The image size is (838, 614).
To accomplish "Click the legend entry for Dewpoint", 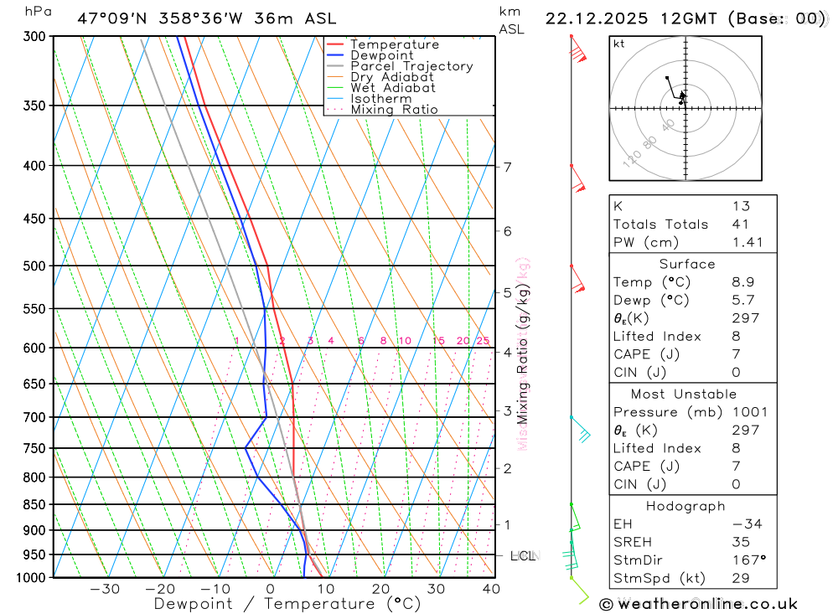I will (x=381, y=55).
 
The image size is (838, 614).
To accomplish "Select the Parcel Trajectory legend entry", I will (x=411, y=66).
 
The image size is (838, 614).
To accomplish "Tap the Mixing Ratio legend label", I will (x=394, y=110).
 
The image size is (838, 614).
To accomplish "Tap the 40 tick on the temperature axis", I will (x=491, y=589).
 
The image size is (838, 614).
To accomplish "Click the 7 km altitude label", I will (x=508, y=167).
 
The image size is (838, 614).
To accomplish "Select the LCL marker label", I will (x=522, y=555).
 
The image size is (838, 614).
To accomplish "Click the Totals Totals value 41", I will (x=739, y=224).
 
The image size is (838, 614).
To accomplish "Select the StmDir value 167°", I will (x=745, y=560).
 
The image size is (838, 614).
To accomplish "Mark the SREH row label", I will (x=634, y=542).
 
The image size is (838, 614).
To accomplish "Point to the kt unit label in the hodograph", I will (x=619, y=44).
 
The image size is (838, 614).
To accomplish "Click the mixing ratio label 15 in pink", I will (x=438, y=341).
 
